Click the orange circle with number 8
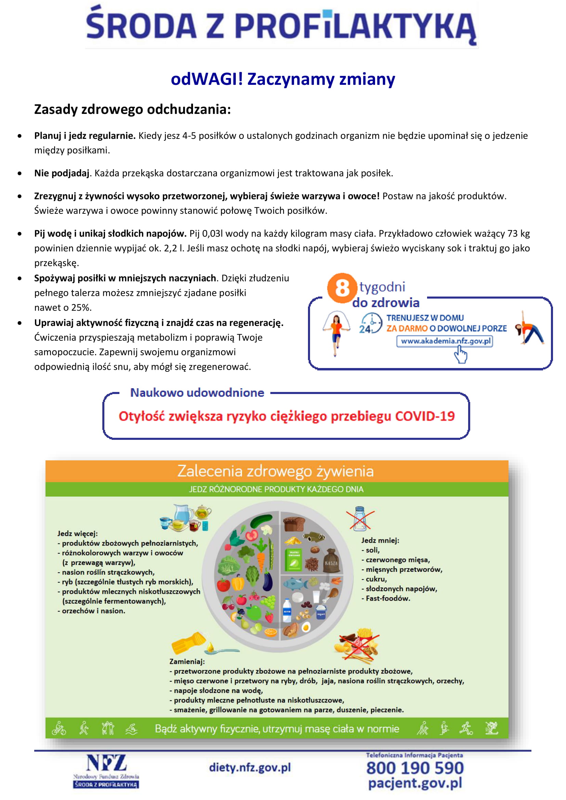tap(342, 288)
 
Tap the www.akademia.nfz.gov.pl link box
tap(445, 341)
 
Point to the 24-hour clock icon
tap(370, 323)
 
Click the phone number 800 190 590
tap(415, 768)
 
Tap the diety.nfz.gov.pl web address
tap(250, 767)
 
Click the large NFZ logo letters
tap(106, 763)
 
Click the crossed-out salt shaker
tap(360, 519)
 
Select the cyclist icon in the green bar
tap(59, 729)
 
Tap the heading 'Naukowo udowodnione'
tap(197, 393)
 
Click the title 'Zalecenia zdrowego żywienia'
tap(275, 471)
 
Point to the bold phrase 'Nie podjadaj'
tap(62, 173)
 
